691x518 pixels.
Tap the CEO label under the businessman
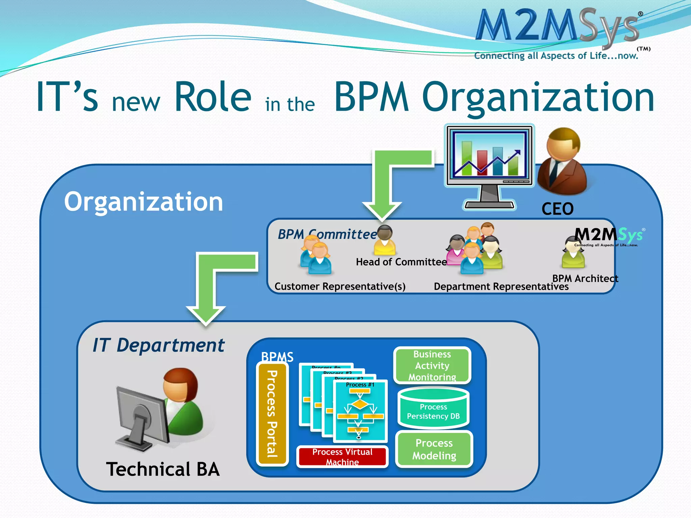[x=557, y=209]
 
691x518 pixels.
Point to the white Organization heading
[x=144, y=202]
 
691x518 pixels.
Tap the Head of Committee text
[x=401, y=262]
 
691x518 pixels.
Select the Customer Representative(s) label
[x=340, y=286]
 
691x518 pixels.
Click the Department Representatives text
[x=501, y=287]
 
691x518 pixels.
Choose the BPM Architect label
[x=585, y=278]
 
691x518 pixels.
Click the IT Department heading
[x=159, y=345]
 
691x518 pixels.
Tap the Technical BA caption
[x=163, y=469]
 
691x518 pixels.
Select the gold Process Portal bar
[x=272, y=414]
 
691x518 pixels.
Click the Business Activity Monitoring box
[x=432, y=366]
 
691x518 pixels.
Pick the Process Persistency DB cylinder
[x=433, y=409]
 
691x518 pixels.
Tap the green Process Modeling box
[x=434, y=449]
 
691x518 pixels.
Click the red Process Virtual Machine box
[x=342, y=457]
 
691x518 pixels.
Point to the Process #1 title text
[x=360, y=385]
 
